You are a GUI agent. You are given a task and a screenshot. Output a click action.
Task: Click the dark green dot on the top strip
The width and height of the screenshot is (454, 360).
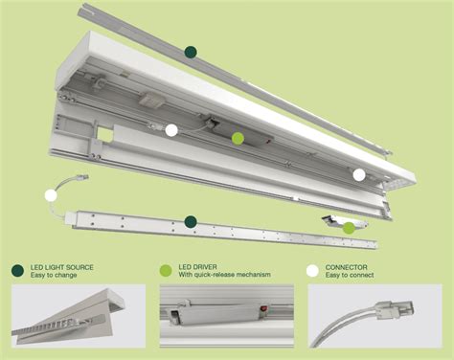[191, 53]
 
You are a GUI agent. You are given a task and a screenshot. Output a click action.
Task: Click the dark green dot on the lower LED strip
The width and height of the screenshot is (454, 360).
[191, 221]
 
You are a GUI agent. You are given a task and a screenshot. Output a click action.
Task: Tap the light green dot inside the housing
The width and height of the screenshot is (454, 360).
[238, 138]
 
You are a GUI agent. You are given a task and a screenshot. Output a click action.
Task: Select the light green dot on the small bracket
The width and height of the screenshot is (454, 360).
[349, 227]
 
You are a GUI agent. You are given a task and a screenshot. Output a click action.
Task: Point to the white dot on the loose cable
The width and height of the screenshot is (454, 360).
[50, 195]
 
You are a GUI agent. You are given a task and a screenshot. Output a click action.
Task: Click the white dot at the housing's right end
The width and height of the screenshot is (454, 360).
[358, 174]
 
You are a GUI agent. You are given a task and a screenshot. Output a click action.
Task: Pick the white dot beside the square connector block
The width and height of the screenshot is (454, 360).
[171, 130]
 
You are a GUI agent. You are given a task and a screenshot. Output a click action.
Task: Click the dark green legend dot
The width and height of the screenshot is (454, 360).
[17, 270]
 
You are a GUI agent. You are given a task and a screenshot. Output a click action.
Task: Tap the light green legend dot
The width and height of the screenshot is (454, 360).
[166, 270]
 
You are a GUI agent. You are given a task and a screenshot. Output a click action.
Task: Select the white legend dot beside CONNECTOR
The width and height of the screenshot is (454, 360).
[312, 270]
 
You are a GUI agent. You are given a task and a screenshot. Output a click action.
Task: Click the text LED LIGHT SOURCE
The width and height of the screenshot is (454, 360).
[61, 266]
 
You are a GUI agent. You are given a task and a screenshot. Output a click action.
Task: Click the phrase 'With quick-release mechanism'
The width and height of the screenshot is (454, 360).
[223, 275]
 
